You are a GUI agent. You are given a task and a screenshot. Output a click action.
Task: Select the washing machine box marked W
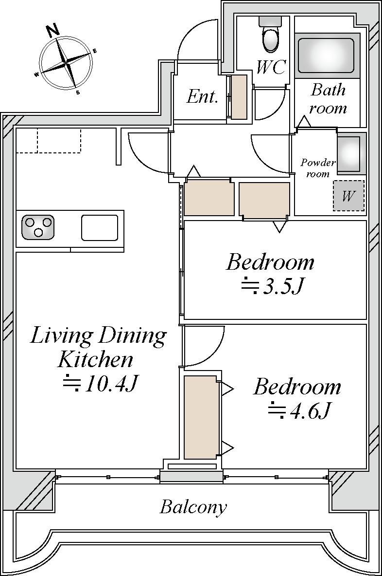point(348,196)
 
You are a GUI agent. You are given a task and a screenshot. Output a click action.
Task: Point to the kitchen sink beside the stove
point(100,227)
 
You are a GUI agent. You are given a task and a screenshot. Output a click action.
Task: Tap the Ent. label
point(202,96)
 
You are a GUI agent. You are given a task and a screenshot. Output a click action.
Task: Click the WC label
point(271,67)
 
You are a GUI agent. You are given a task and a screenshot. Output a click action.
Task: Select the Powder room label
point(318,167)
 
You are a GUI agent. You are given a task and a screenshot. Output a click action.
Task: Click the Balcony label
point(193,507)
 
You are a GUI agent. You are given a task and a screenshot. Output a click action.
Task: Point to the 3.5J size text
point(272,286)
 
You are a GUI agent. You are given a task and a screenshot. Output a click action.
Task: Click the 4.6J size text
point(299,410)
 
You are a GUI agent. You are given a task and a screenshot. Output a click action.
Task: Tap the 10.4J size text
point(100,383)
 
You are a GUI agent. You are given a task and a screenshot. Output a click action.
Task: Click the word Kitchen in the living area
point(95,360)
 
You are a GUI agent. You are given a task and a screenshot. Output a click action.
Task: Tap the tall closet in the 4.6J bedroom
point(201,417)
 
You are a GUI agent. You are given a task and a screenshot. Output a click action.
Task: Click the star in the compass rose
point(67,65)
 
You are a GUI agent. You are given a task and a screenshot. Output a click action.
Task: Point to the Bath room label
point(328,99)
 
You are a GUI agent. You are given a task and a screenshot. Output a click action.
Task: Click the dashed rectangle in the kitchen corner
point(59,140)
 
